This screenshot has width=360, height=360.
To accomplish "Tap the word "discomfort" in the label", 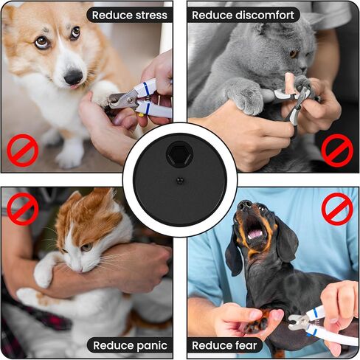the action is pos(265,15).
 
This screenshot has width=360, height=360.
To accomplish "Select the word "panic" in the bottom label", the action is pos(151,346).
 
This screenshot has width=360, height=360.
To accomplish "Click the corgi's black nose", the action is pos(73,77).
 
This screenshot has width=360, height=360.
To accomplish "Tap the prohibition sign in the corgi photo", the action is pos(23,150).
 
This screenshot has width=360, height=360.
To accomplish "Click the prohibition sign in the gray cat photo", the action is pos(337,150).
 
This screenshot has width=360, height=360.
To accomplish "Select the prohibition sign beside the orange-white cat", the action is pos(23,209).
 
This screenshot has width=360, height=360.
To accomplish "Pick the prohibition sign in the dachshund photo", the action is pos(337,209).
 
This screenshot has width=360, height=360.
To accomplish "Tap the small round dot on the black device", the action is pos(180,181).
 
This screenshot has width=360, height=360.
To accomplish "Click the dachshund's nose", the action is pos(245,205).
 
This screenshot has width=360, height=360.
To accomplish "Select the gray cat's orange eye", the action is pos(294,54).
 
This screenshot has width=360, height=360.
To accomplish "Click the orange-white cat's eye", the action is pos(86,247).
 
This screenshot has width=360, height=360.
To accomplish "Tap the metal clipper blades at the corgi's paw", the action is pos(120,100).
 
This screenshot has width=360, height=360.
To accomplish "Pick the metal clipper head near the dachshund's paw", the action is pos(297,322).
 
